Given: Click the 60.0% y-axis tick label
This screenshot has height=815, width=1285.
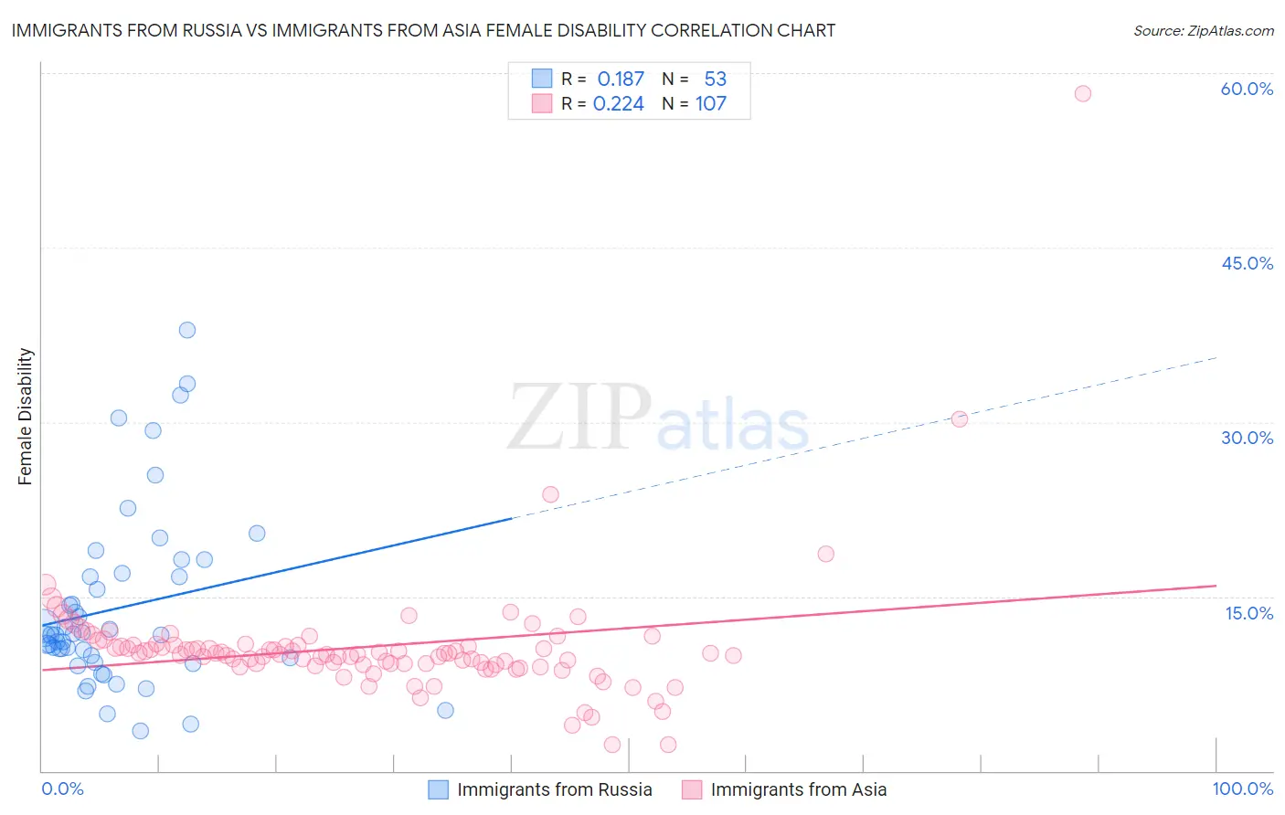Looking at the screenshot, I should point(1247,89).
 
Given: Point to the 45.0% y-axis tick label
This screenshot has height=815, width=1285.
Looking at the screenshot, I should point(1247,263).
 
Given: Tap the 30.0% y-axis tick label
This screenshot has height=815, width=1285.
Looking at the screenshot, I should point(1247,438).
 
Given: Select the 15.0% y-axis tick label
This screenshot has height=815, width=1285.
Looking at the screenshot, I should point(1248,613).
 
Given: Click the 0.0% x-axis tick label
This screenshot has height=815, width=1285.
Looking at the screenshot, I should point(62,789).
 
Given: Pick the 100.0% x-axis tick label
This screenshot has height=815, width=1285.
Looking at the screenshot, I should point(1242,789).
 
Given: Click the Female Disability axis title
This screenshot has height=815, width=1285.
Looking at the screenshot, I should point(26,416).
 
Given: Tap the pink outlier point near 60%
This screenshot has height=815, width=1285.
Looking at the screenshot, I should point(1083,93).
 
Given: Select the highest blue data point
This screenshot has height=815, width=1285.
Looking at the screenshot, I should point(187,330).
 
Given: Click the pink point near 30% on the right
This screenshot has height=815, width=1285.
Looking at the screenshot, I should point(960,419).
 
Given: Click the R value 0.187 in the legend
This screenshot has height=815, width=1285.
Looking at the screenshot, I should point(621,79).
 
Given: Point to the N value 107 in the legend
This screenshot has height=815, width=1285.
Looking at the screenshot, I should point(710,104).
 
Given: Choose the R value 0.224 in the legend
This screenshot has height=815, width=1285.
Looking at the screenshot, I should point(619,104).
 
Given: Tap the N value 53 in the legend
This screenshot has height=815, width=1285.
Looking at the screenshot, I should point(715,79).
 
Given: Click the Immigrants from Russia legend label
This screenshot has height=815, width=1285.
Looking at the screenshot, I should point(554,789).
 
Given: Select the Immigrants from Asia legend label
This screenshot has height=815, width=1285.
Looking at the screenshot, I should point(798,789).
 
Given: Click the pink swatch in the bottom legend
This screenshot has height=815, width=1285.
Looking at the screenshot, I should point(692,789).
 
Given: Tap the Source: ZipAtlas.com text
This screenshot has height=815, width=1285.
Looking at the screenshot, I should point(1203,31).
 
